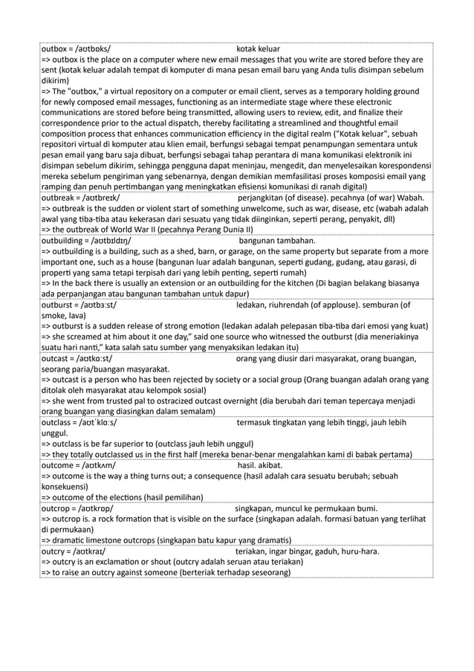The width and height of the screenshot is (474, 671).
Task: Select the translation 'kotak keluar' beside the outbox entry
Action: click(x=258, y=49)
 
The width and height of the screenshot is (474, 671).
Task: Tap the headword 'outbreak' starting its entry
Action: click(x=58, y=198)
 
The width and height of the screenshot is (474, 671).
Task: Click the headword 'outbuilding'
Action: click(x=63, y=241)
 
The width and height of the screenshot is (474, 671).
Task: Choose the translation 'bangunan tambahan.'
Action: click(x=277, y=241)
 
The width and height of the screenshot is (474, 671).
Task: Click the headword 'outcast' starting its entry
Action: click(x=55, y=359)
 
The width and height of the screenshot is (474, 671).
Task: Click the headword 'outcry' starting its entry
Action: click(x=53, y=552)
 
